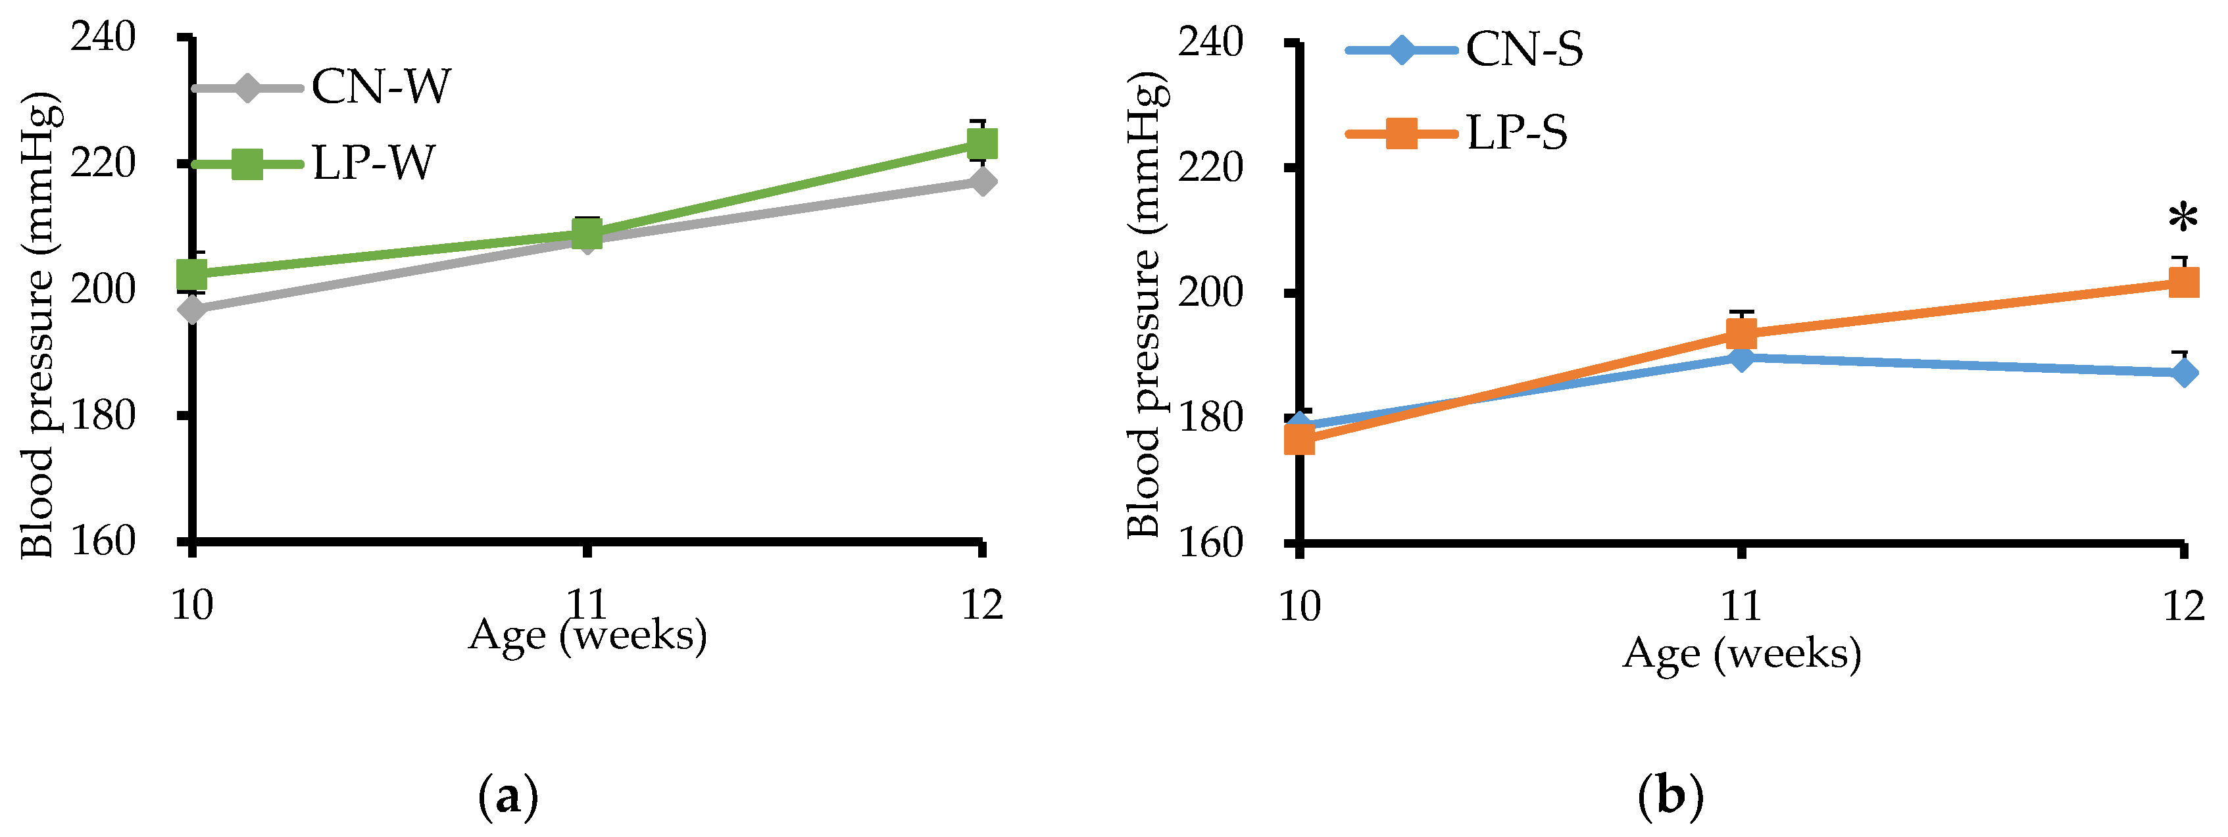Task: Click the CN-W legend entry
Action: pyautogui.click(x=381, y=87)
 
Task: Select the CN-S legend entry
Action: pyautogui.click(x=1524, y=49)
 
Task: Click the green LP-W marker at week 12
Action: pyautogui.click(x=981, y=143)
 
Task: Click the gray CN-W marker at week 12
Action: pyautogui.click(x=981, y=181)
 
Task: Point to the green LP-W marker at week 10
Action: pyautogui.click(x=192, y=275)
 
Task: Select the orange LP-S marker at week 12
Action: pyautogui.click(x=2184, y=282)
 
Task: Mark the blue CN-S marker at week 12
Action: pyautogui.click(x=2184, y=373)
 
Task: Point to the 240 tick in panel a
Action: pyautogui.click(x=103, y=37)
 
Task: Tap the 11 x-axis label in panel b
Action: pyautogui.click(x=1740, y=606)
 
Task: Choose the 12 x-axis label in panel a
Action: pyautogui.click(x=981, y=604)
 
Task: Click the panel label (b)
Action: pyautogui.click(x=1670, y=796)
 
